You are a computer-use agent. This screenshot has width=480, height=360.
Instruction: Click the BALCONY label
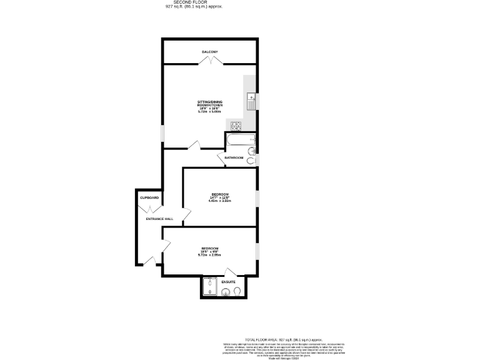pyautogui.click(x=209, y=51)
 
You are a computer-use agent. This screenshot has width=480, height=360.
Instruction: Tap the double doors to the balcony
pyautogui.click(x=209, y=61)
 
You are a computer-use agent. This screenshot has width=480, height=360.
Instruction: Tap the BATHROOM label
pyautogui.click(x=234, y=157)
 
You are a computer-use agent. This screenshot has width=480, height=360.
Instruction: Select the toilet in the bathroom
pyautogui.click(x=251, y=161)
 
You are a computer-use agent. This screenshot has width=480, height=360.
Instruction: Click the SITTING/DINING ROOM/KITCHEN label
pyautogui.click(x=209, y=104)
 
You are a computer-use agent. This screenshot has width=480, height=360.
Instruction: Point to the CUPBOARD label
pyautogui.click(x=149, y=197)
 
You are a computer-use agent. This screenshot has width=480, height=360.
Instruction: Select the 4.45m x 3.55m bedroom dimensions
pyautogui.click(x=220, y=201)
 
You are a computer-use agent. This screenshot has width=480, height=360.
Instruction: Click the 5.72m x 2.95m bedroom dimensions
pyautogui.click(x=209, y=255)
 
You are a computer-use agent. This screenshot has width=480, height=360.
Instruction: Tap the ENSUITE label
pyautogui.click(x=229, y=282)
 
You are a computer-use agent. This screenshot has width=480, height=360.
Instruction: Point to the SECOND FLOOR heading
pyautogui.click(x=194, y=2)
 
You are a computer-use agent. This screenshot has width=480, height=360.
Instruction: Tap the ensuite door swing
pyautogui.click(x=230, y=272)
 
